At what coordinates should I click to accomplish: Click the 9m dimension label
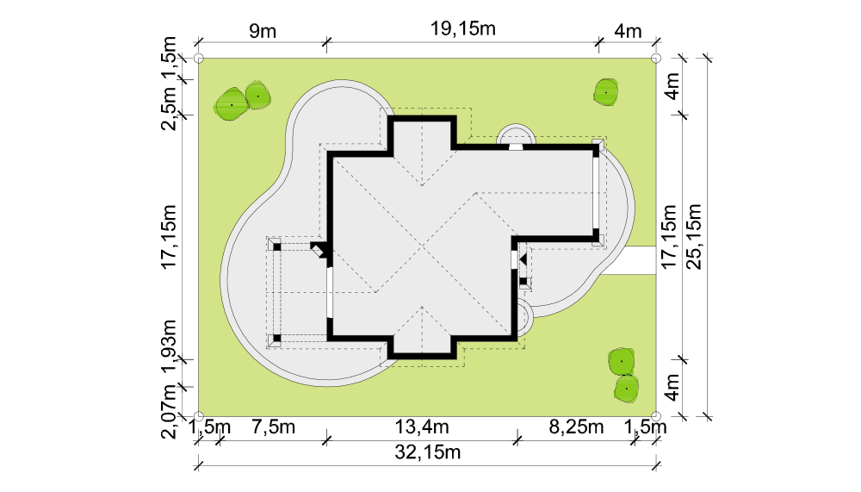click(263, 31)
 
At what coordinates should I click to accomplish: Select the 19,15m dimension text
click(462, 28)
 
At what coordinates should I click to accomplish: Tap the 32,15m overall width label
click(427, 452)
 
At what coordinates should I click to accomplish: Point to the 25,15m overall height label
click(695, 237)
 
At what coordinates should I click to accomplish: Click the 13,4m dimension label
click(422, 427)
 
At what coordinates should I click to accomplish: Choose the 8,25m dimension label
click(576, 427)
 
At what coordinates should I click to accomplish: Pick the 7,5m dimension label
click(273, 427)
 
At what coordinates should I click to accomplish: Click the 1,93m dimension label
click(169, 346)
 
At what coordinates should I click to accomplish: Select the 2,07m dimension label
click(169, 411)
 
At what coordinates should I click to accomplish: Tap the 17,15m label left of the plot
click(169, 237)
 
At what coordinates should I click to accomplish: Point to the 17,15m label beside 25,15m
click(669, 237)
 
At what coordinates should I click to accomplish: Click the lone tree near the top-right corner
click(605, 92)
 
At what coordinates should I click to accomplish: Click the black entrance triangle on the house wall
click(523, 258)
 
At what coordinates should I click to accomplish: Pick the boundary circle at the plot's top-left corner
click(199, 59)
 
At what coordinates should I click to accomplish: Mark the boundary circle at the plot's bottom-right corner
click(655, 416)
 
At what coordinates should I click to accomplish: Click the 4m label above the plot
click(628, 31)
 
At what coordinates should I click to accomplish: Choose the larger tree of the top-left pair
click(231, 104)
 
